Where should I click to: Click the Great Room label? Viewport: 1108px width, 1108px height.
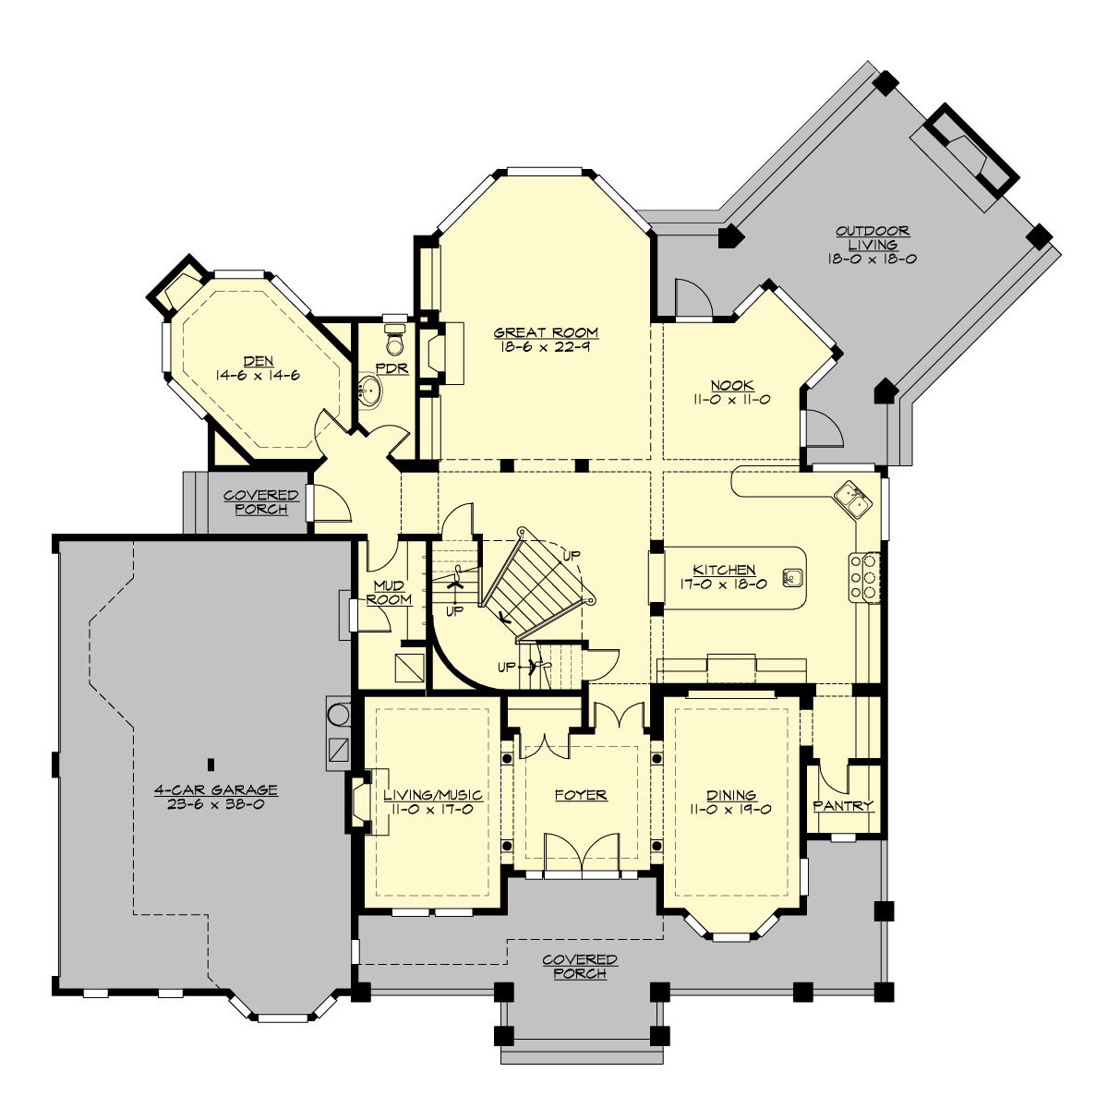pyautogui.click(x=546, y=332)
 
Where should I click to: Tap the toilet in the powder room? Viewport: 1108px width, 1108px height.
pyautogui.click(x=395, y=340)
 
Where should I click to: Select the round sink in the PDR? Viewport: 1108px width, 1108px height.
pyautogui.click(x=370, y=391)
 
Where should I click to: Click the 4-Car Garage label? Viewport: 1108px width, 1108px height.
pyautogui.click(x=215, y=789)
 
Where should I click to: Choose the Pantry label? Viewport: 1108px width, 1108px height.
pyautogui.click(x=842, y=805)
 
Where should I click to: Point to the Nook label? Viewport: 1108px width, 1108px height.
pyautogui.click(x=731, y=385)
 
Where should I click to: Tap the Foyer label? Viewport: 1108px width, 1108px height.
pyautogui.click(x=580, y=794)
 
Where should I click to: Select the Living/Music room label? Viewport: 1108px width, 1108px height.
pyautogui.click(x=433, y=794)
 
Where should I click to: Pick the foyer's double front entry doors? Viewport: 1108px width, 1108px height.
pyautogui.click(x=580, y=851)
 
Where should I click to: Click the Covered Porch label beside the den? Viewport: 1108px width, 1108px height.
pyautogui.click(x=261, y=502)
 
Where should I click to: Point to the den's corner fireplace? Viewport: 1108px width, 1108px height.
pyautogui.click(x=175, y=284)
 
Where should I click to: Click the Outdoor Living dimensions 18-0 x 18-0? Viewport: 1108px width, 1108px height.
pyautogui.click(x=872, y=259)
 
